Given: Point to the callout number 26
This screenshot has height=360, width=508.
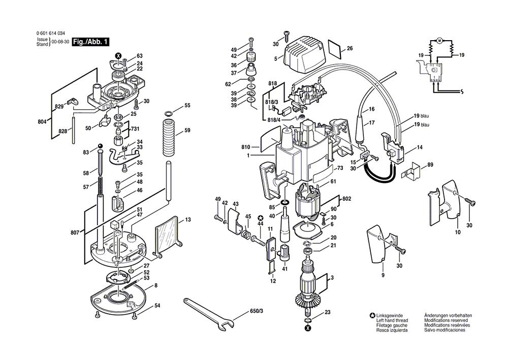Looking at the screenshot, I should click(x=350, y=48).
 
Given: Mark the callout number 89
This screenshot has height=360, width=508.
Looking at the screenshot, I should click(x=430, y=164).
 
